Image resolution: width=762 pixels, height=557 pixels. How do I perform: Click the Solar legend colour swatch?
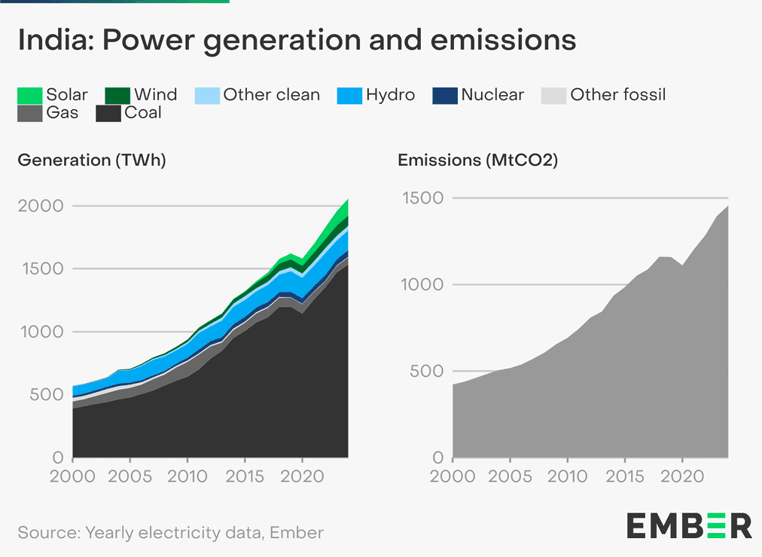29,96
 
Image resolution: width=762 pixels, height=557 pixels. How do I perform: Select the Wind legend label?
155,95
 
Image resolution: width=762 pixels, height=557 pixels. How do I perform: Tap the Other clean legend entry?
271,95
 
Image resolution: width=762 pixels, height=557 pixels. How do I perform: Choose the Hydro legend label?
390,95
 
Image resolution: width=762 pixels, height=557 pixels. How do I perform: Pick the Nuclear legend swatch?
444,96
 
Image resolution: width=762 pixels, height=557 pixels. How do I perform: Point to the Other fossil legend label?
617,95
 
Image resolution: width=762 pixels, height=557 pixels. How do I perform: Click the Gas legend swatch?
29,114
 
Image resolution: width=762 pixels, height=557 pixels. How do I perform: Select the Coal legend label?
143,113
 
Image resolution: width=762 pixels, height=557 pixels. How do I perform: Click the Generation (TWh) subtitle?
92,161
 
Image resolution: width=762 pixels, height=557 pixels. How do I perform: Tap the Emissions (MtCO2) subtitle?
477,161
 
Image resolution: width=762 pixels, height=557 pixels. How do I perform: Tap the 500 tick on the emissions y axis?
425,372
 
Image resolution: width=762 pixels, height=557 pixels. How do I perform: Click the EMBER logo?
689,525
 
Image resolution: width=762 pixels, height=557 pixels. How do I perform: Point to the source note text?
171,533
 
